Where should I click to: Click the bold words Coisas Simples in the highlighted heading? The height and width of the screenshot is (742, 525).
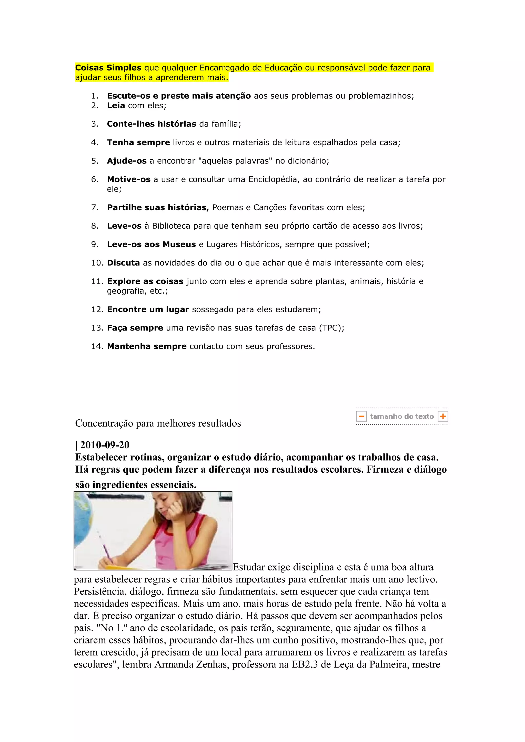click(108, 68)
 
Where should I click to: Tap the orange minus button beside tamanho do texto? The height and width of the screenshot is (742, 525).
click(361, 416)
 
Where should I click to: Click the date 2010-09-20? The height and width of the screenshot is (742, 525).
click(105, 445)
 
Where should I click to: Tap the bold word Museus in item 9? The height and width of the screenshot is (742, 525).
click(179, 244)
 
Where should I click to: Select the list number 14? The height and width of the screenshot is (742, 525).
click(97, 346)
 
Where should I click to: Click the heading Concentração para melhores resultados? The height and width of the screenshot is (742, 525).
click(158, 423)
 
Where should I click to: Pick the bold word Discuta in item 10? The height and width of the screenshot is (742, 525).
click(123, 263)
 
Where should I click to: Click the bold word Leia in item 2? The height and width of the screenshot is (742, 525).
click(116, 106)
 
